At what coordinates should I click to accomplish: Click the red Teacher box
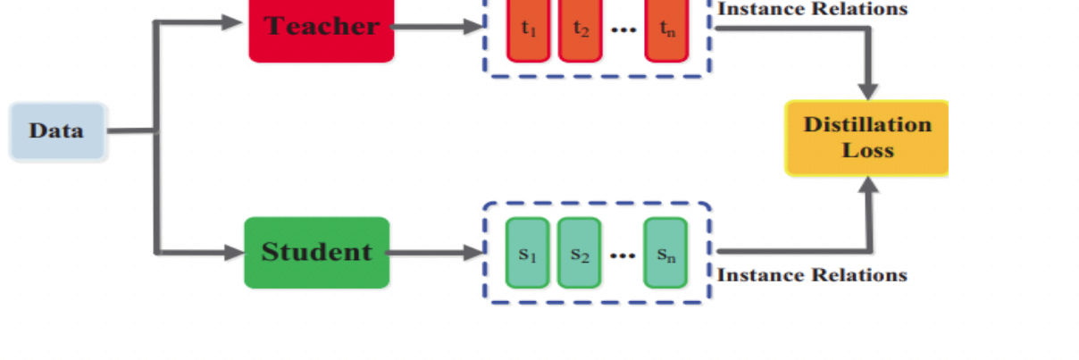(x=321, y=30)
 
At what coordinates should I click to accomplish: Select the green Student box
(x=316, y=252)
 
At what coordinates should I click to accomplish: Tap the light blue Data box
(x=57, y=131)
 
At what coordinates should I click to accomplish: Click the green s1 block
(x=527, y=253)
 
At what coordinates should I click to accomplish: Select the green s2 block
(x=580, y=253)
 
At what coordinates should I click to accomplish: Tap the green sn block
(x=665, y=253)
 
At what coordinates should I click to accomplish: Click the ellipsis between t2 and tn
(x=623, y=30)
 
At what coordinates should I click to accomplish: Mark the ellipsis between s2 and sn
(x=622, y=255)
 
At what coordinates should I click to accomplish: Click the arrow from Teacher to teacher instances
(x=438, y=27)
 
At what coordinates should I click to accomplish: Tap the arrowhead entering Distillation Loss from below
(x=867, y=185)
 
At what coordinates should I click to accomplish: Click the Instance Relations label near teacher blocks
(x=812, y=9)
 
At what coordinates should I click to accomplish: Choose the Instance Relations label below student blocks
(x=812, y=275)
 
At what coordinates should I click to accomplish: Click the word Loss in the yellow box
(x=867, y=150)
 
